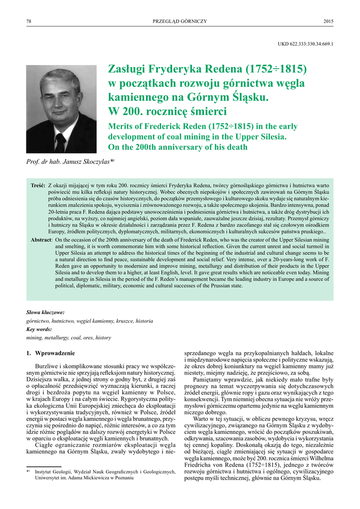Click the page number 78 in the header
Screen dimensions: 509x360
click(28, 21)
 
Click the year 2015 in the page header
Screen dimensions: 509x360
click(328, 21)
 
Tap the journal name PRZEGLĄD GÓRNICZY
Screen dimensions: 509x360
click(180, 21)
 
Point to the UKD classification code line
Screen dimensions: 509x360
click(305, 44)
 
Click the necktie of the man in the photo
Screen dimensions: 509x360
click(60, 142)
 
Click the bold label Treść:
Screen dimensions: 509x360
click(38, 185)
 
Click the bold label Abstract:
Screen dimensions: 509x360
click(41, 239)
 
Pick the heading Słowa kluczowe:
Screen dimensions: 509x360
click(45, 313)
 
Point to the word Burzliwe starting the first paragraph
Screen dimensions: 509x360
click(47, 366)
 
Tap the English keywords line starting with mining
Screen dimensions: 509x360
click(69, 338)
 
